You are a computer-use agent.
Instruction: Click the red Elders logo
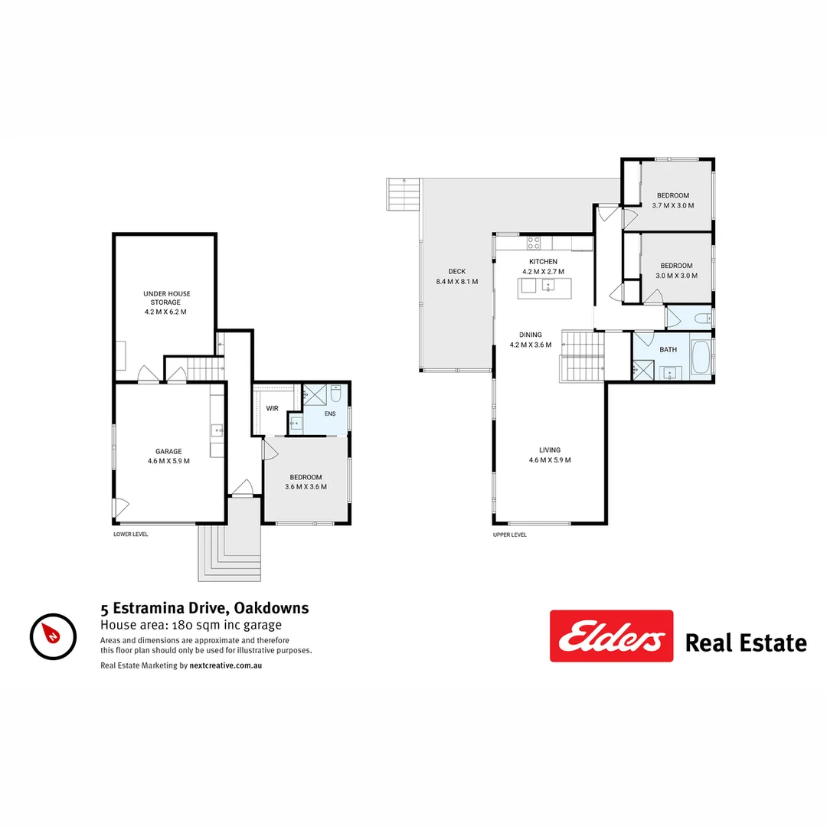pyautogui.click(x=611, y=636)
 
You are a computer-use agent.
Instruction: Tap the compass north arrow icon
pyautogui.click(x=53, y=636)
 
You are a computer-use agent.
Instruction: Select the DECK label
pyautogui.click(x=456, y=272)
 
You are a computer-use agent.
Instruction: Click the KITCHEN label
pyautogui.click(x=543, y=262)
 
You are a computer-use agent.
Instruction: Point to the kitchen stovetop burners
pyautogui.click(x=534, y=243)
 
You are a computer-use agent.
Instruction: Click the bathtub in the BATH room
pyautogui.click(x=701, y=358)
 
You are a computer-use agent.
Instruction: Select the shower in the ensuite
pyautogui.click(x=315, y=395)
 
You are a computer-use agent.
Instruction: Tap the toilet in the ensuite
pyautogui.click(x=336, y=394)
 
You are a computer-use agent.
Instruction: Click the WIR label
pyautogui.click(x=272, y=408)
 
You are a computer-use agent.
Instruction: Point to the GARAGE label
pyautogui.click(x=168, y=452)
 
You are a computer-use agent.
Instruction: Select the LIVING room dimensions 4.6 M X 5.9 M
pyautogui.click(x=550, y=460)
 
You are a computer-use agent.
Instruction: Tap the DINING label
pyautogui.click(x=531, y=335)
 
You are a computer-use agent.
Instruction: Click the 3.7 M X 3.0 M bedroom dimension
pyautogui.click(x=673, y=206)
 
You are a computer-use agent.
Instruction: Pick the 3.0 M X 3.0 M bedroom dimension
pyautogui.click(x=677, y=276)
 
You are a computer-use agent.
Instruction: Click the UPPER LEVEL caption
pyautogui.click(x=509, y=534)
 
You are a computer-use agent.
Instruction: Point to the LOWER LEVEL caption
pyautogui.click(x=131, y=534)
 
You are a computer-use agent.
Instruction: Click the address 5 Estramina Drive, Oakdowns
pyautogui.click(x=204, y=608)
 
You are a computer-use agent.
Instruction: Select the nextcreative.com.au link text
pyautogui.click(x=226, y=665)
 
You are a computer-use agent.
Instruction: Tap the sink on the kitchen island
pyautogui.click(x=548, y=286)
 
